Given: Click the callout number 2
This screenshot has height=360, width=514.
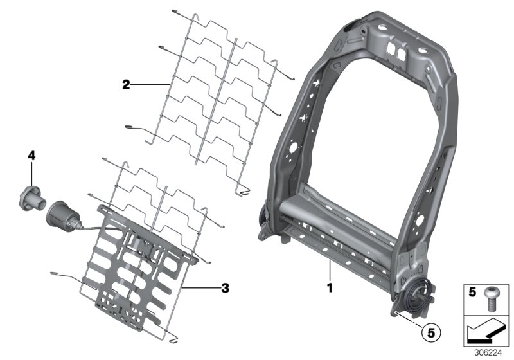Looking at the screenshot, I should (127, 84).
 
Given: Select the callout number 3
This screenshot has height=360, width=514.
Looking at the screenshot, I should (224, 289).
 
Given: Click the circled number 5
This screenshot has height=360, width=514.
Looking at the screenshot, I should (432, 334).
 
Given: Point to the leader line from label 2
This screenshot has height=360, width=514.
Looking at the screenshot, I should (151, 84).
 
